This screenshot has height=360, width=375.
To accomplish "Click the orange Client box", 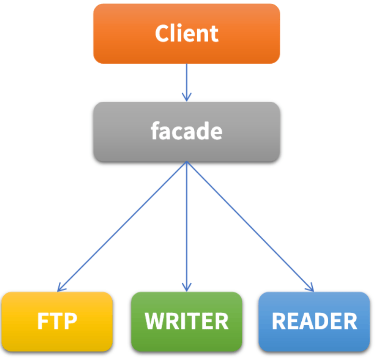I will click(187, 34).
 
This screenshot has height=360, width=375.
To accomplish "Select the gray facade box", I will click(187, 131).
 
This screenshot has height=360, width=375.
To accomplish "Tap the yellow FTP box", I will click(57, 321).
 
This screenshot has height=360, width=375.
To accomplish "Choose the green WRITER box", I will click(187, 321).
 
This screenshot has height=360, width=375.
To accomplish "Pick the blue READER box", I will click(314, 321).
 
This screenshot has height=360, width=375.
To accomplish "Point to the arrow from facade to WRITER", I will click(187, 227).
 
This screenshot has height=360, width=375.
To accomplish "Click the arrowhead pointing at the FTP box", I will click(60, 288).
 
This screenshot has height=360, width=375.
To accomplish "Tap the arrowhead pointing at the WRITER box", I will click(187, 288).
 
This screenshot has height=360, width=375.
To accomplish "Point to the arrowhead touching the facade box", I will click(187, 97).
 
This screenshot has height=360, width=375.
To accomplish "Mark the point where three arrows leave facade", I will click(187, 162).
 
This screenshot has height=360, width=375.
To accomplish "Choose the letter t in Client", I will click(214, 34).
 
